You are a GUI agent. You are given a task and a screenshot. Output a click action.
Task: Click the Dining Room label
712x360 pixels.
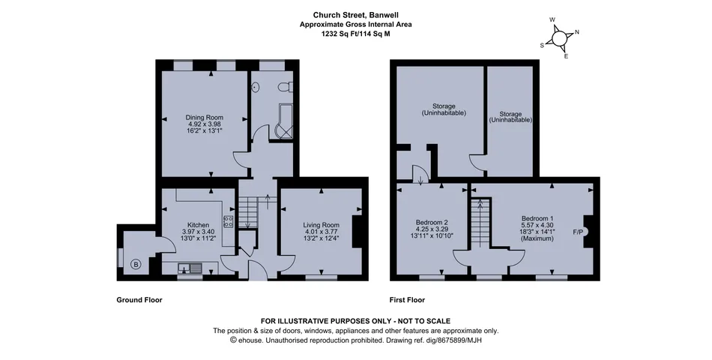click(x=204, y=117)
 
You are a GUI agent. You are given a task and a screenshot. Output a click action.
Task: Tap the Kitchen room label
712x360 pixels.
click(x=198, y=225)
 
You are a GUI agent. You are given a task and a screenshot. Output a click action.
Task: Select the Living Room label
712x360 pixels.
click(x=321, y=225)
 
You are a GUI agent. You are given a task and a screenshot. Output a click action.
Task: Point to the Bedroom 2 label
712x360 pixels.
click(x=432, y=222)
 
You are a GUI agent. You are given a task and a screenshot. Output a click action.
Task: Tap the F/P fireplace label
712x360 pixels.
click(x=579, y=232)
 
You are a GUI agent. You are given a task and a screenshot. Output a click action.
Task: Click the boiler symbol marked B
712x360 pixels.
click(x=136, y=263)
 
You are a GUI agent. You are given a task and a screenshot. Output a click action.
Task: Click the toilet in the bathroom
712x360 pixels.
click(x=284, y=88)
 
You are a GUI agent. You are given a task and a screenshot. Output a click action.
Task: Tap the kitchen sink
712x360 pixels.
click(x=190, y=267)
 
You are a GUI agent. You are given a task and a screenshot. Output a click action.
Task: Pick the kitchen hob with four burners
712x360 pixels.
click(x=229, y=220)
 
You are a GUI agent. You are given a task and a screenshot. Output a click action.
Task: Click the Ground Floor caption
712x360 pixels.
click(x=139, y=300)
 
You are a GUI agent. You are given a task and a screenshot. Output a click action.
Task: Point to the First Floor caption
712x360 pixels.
click(x=407, y=300)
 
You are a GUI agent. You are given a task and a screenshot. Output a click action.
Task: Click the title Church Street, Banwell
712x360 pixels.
click(x=355, y=13)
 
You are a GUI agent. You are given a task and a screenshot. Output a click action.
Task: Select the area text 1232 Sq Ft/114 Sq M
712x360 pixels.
click(x=355, y=33)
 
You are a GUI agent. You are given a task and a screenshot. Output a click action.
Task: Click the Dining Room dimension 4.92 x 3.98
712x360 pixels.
click(x=204, y=124)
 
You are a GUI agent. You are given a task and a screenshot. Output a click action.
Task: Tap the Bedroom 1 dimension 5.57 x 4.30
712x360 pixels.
click(x=537, y=225)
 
